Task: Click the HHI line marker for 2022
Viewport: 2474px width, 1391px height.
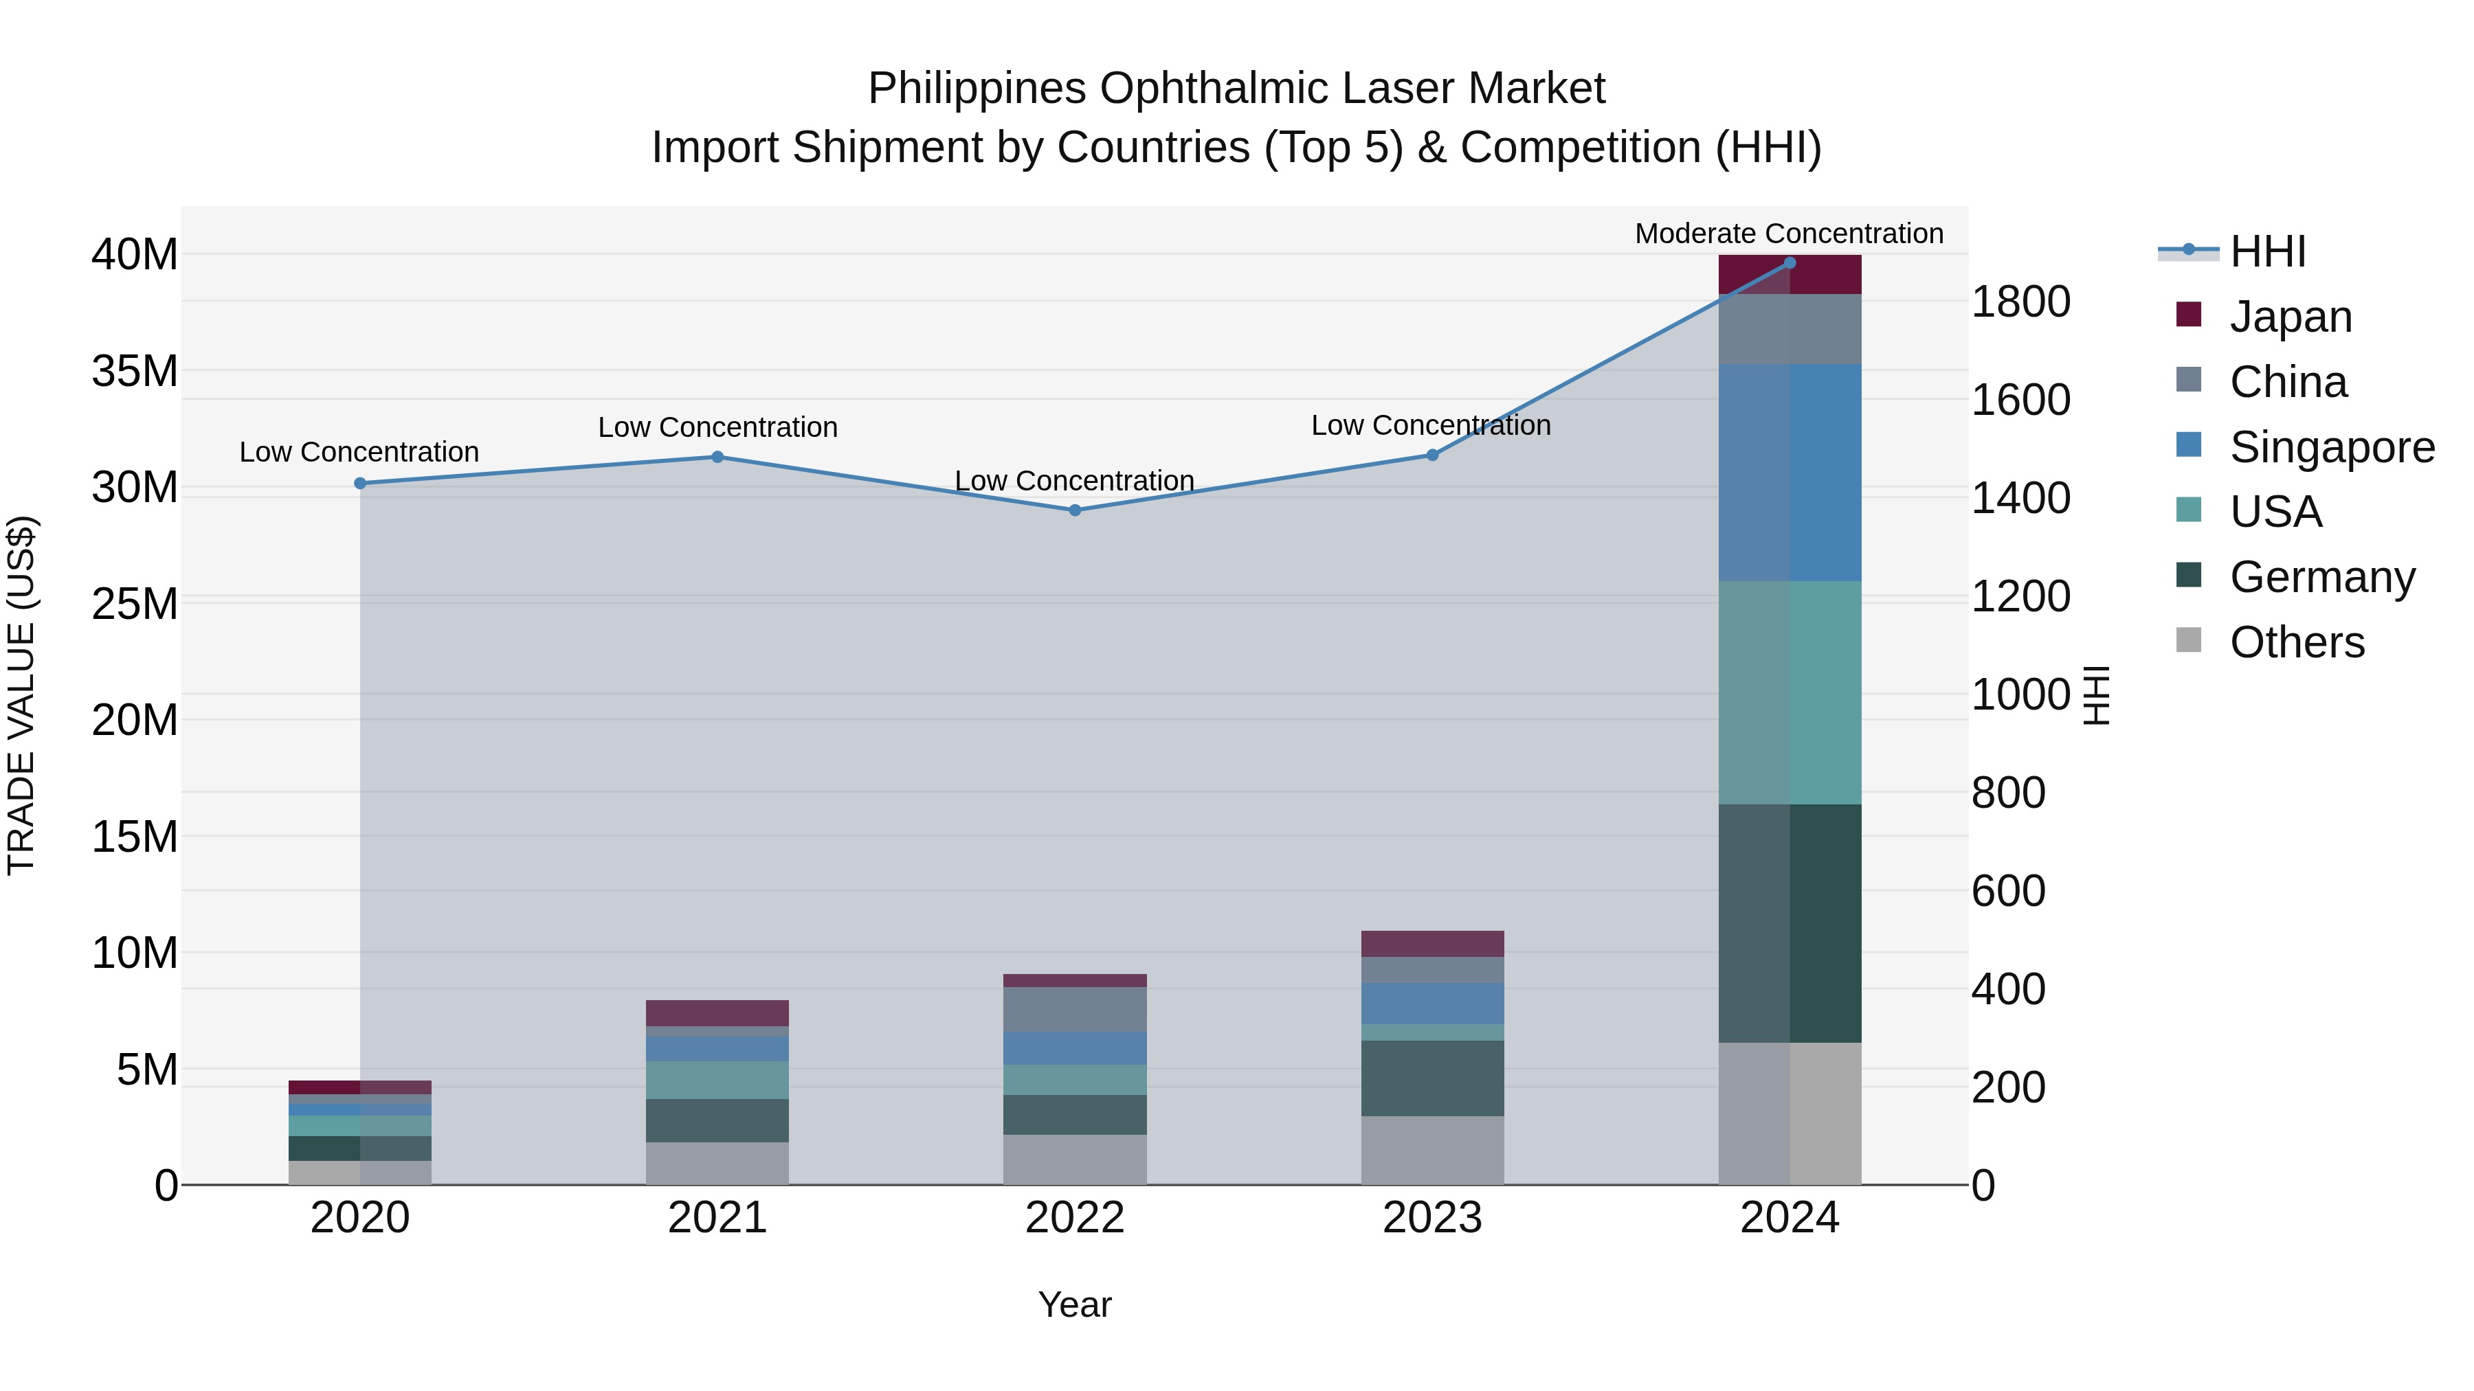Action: point(1075,510)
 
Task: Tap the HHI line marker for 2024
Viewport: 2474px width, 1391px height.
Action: point(1790,262)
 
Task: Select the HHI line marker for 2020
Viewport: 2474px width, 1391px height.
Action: point(360,483)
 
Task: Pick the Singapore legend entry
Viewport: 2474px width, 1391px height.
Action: point(2332,447)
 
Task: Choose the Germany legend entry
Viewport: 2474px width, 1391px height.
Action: point(2321,577)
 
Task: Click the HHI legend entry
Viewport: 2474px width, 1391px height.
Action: point(2268,251)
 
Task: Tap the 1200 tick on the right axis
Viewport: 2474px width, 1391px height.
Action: point(2020,596)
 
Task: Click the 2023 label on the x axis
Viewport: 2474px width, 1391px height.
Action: point(1432,1218)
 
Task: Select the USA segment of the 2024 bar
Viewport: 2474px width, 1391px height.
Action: point(1790,692)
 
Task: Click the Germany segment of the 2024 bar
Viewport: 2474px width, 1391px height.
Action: point(1790,923)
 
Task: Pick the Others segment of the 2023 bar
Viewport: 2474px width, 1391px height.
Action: point(1432,1150)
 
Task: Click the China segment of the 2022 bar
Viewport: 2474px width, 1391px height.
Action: point(1075,1009)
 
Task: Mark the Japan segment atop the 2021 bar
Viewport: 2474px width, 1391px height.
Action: point(717,1013)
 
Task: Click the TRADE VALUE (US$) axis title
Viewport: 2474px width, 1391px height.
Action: point(21,695)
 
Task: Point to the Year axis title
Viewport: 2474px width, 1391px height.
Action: point(1075,1304)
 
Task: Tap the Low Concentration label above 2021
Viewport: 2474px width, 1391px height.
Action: point(717,427)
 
